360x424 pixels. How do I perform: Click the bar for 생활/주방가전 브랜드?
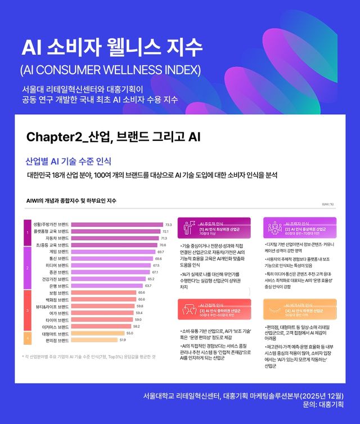[x=117, y=224]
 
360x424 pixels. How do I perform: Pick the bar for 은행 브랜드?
[x=106, y=285]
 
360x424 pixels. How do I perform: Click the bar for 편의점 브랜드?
[x=94, y=340]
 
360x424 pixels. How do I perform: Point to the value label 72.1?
[x=166, y=231]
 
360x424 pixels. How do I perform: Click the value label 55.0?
[x=129, y=333]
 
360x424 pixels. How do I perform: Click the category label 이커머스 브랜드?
[x=56, y=326]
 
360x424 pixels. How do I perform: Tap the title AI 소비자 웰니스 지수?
[x=110, y=48]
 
